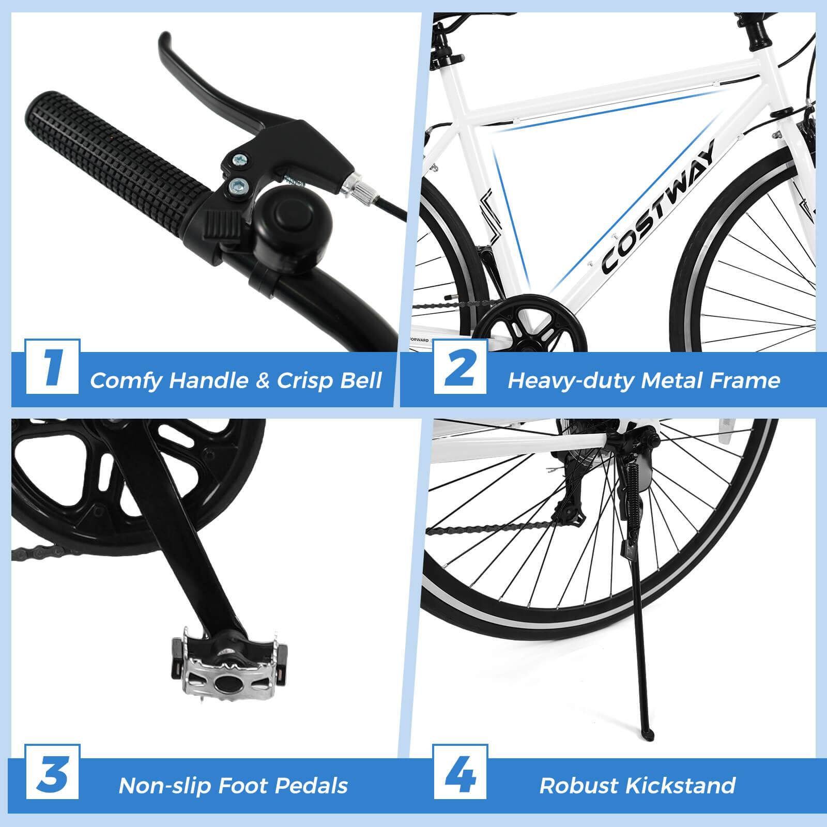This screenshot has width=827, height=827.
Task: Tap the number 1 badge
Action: [52, 366]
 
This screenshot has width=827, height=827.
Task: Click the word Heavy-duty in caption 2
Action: [571, 380]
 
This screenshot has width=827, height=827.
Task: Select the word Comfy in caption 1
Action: [126, 380]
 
